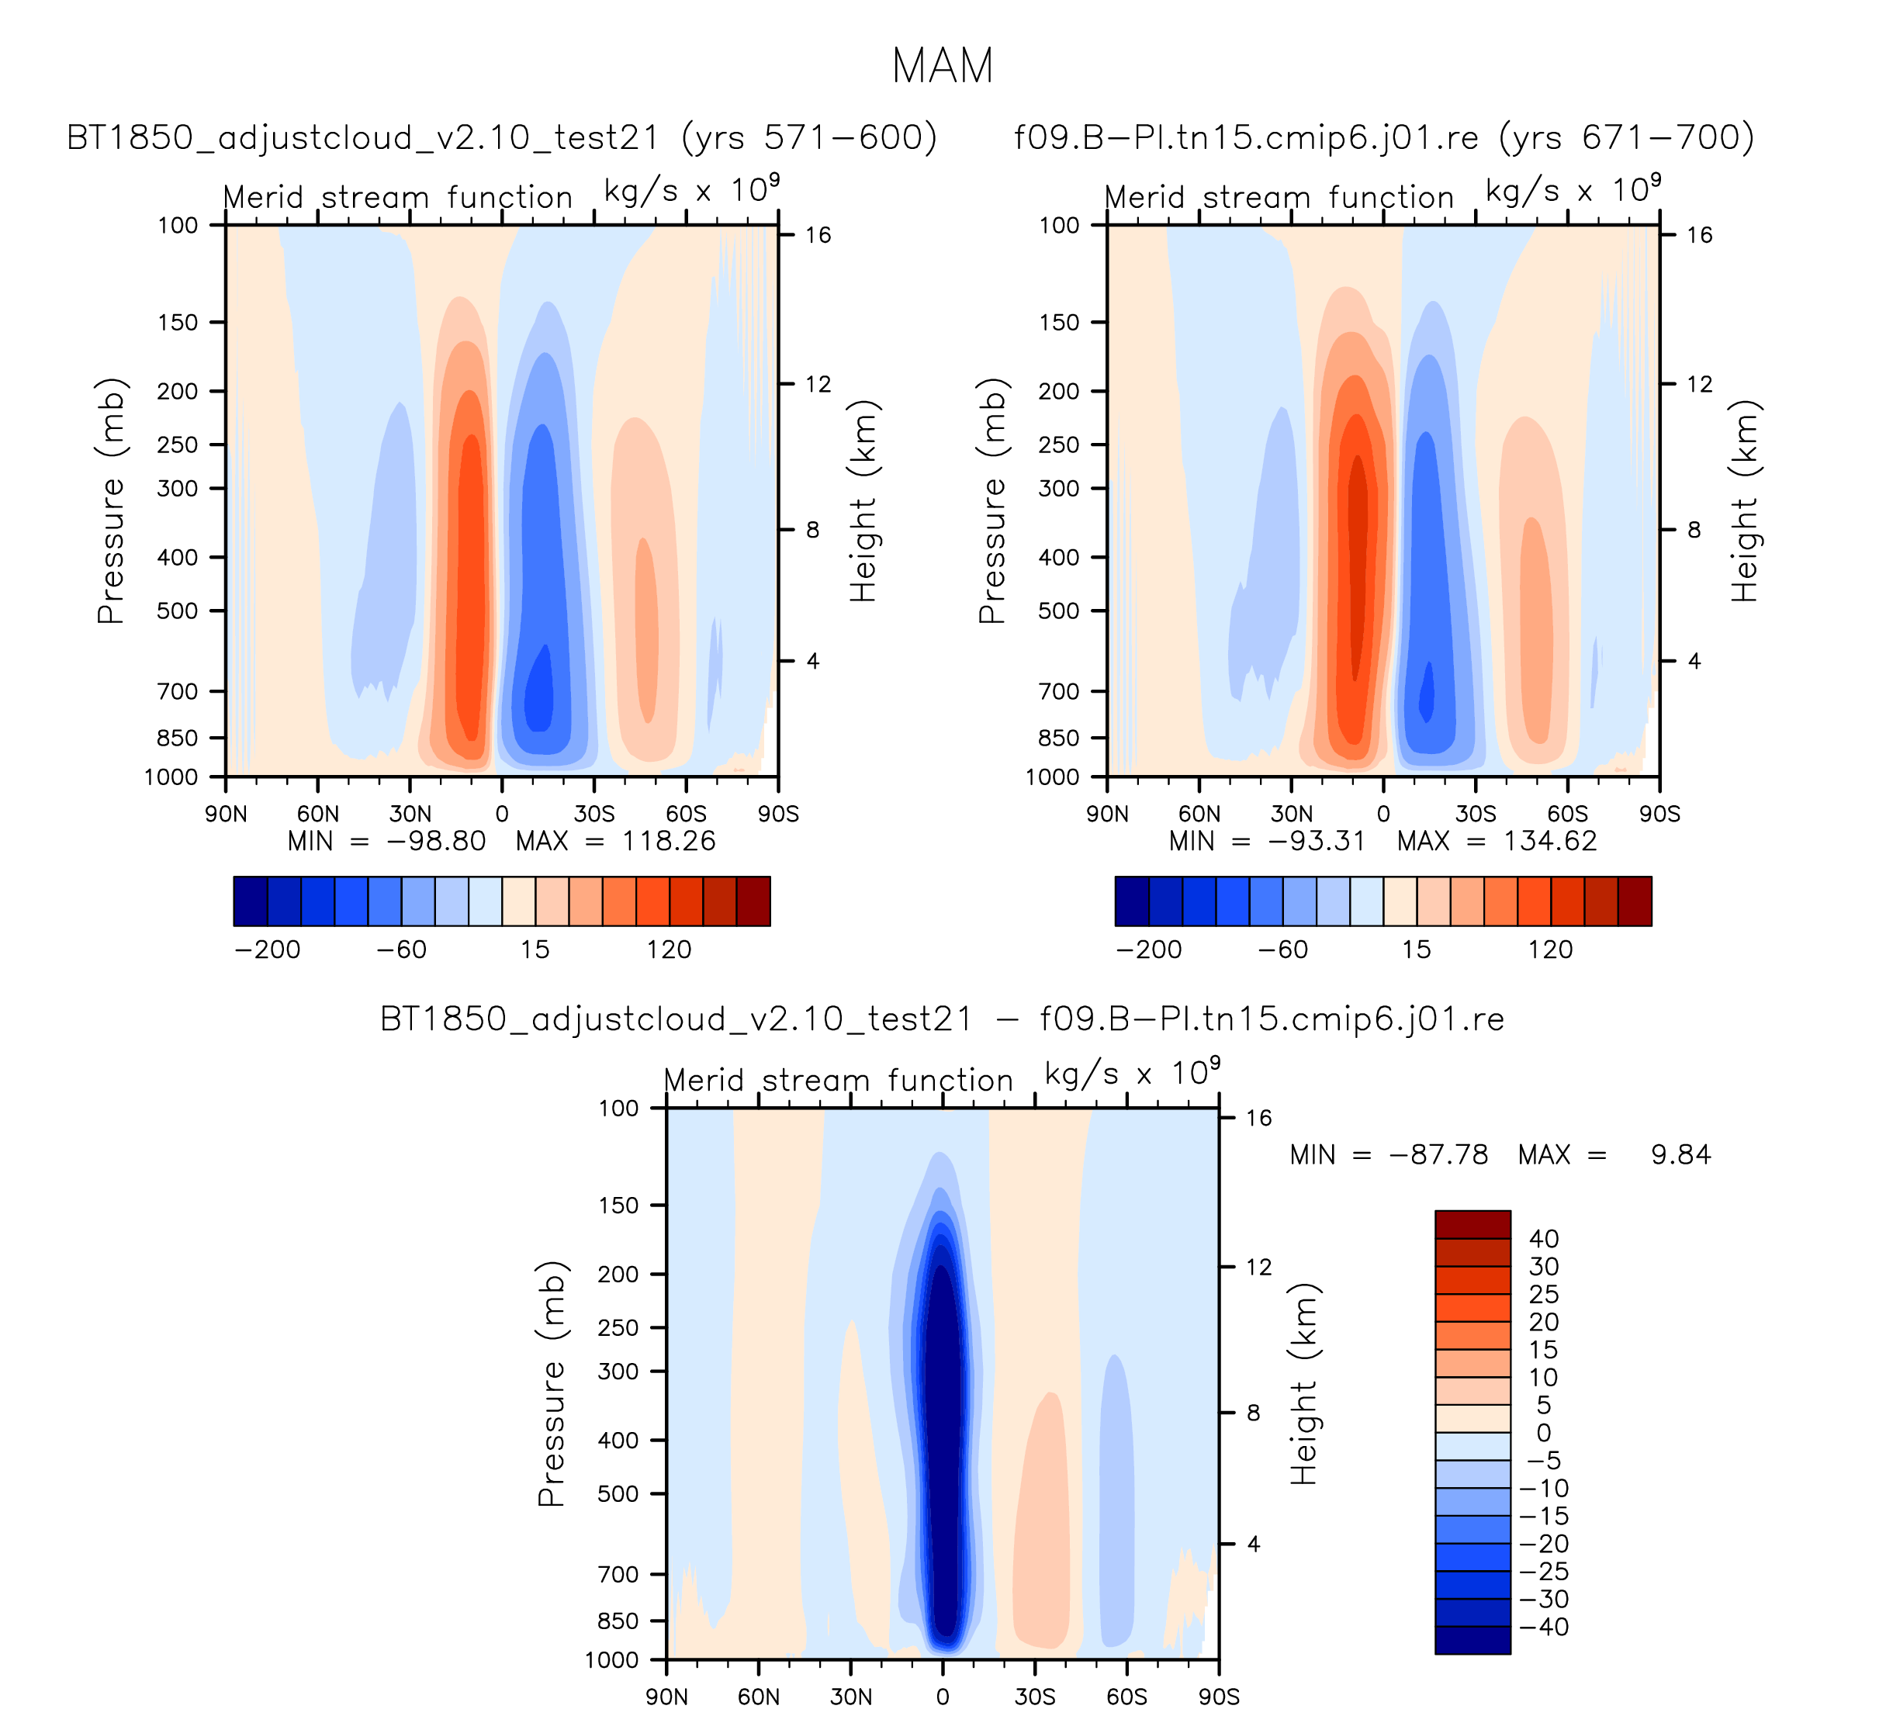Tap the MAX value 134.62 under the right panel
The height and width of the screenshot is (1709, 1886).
pos(1549,841)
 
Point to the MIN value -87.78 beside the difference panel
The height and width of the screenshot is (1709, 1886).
pos(1438,1154)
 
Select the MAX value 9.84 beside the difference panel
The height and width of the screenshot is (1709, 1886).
pos(1680,1154)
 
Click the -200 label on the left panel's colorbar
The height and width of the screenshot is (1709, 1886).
pos(268,950)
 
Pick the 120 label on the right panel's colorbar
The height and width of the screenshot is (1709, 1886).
pos(1550,950)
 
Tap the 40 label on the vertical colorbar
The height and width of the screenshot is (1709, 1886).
pos(1544,1238)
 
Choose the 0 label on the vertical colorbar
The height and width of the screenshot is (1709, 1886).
pos(1544,1432)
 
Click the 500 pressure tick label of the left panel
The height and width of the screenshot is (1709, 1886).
pos(178,611)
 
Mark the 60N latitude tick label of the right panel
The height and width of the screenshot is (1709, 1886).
pos(1199,814)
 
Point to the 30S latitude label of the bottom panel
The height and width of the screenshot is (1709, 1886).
pos(1035,1697)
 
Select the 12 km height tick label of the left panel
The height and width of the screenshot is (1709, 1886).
pos(818,385)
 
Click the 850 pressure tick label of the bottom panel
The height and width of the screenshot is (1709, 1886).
pos(618,1621)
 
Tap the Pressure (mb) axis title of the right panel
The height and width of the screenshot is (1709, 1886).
pos(991,500)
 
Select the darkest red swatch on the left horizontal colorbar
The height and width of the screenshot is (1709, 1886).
pos(753,901)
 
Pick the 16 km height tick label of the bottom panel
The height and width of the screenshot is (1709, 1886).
pos(1259,1118)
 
